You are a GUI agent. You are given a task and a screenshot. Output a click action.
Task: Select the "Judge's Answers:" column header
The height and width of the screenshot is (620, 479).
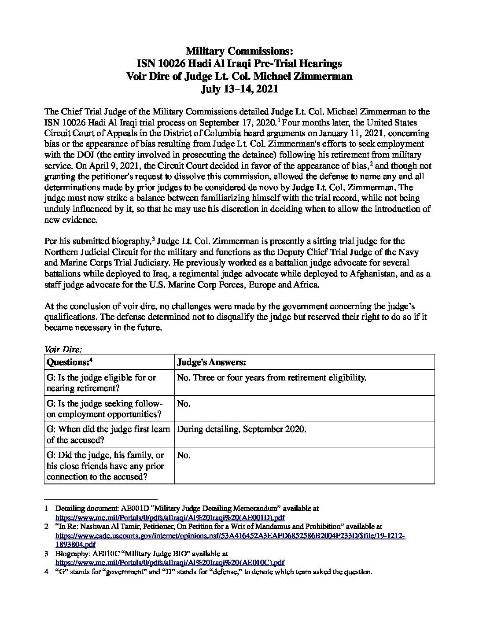click(x=211, y=362)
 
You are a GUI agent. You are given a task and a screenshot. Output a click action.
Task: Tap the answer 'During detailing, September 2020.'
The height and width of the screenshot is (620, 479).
click(x=241, y=429)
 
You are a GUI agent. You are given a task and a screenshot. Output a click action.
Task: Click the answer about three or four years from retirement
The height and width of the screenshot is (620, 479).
click(x=272, y=377)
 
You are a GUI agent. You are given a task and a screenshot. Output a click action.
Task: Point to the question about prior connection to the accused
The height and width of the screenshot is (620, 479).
click(x=105, y=466)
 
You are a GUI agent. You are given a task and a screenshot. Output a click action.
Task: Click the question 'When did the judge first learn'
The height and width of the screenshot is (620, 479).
click(x=108, y=429)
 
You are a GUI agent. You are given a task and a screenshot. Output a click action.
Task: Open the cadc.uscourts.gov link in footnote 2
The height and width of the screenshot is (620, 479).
click(x=230, y=536)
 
